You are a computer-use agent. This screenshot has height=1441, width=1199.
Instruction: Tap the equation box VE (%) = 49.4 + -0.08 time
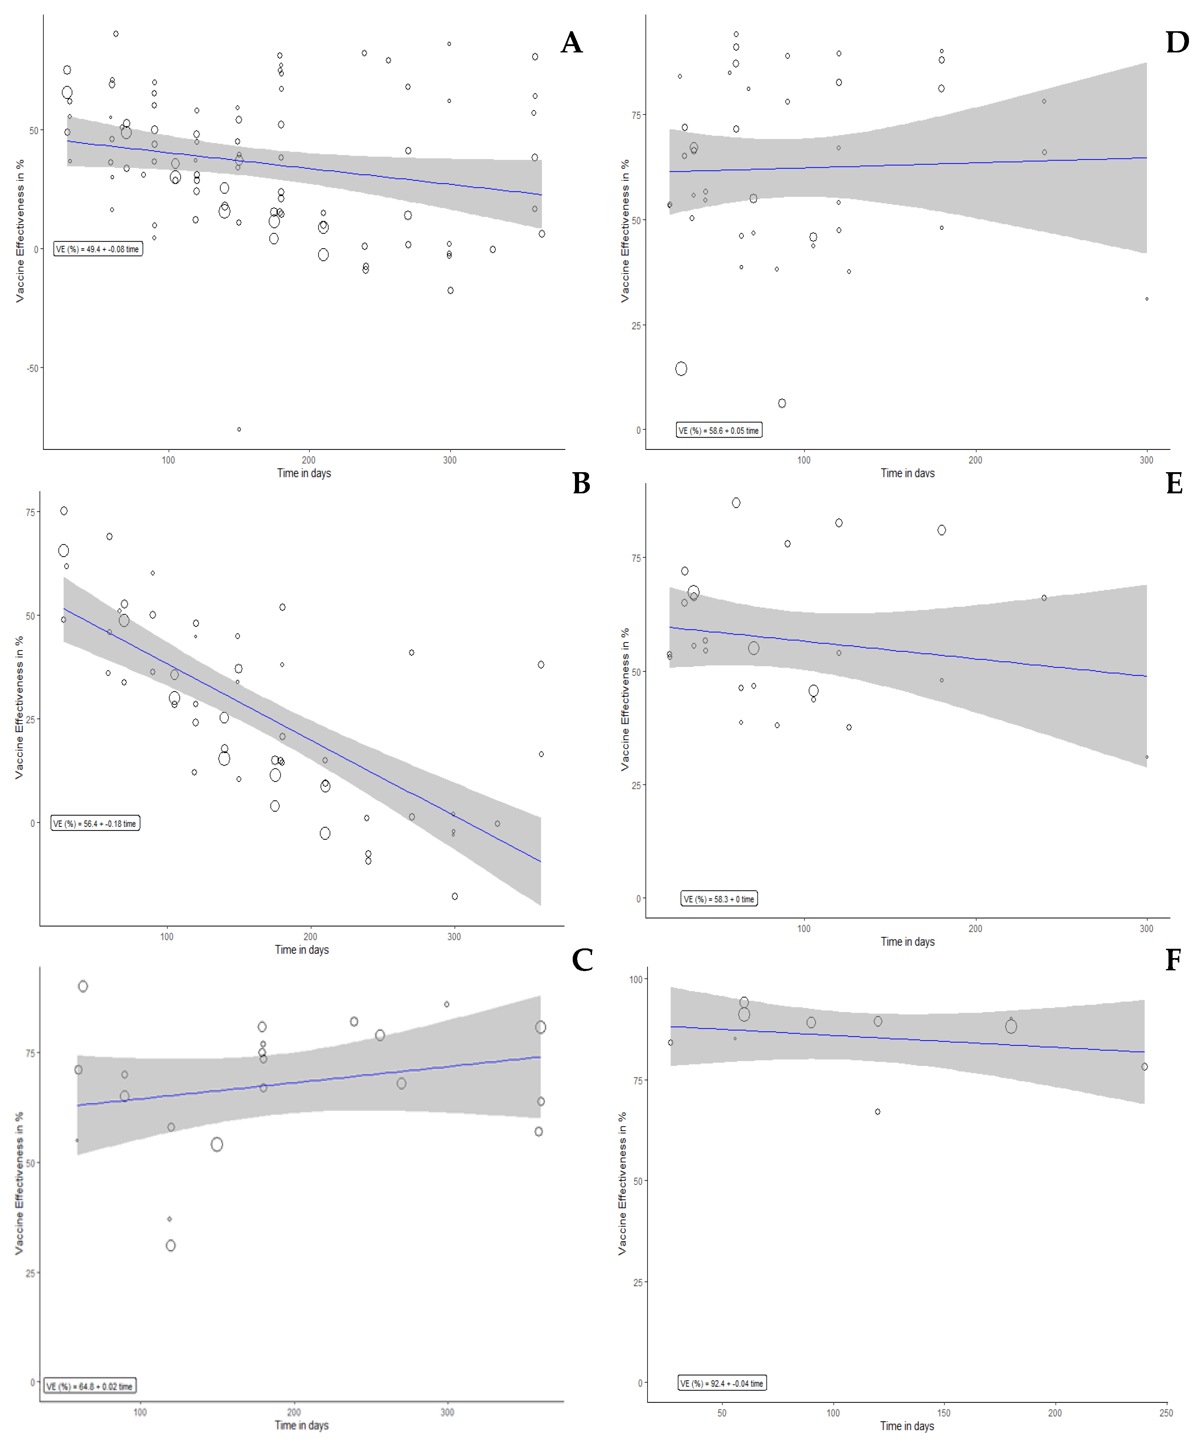tap(98, 249)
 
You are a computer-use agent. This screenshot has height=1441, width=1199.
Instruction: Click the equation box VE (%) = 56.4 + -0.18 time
tap(96, 823)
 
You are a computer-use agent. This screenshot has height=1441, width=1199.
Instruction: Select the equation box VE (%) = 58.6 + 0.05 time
tap(719, 430)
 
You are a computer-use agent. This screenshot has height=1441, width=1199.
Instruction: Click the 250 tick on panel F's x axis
tap(1166, 1413)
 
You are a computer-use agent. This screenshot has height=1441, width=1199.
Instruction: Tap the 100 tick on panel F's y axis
tap(636, 979)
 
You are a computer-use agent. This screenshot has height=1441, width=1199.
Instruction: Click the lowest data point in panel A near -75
tap(239, 429)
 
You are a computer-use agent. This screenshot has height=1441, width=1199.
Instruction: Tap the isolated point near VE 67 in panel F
tap(877, 1112)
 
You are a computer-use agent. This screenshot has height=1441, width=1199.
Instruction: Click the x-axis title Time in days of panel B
tap(302, 950)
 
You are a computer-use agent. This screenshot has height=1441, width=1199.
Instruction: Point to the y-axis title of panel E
tap(624, 700)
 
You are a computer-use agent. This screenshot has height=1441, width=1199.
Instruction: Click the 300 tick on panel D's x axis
tap(1146, 460)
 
